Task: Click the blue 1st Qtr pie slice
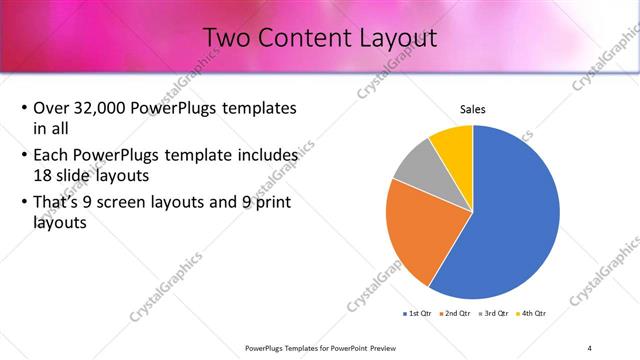pyautogui.click(x=510, y=220)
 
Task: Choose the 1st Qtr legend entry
pyautogui.click(x=416, y=314)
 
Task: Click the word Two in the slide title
pyautogui.click(x=226, y=38)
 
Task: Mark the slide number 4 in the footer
pyautogui.click(x=589, y=348)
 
